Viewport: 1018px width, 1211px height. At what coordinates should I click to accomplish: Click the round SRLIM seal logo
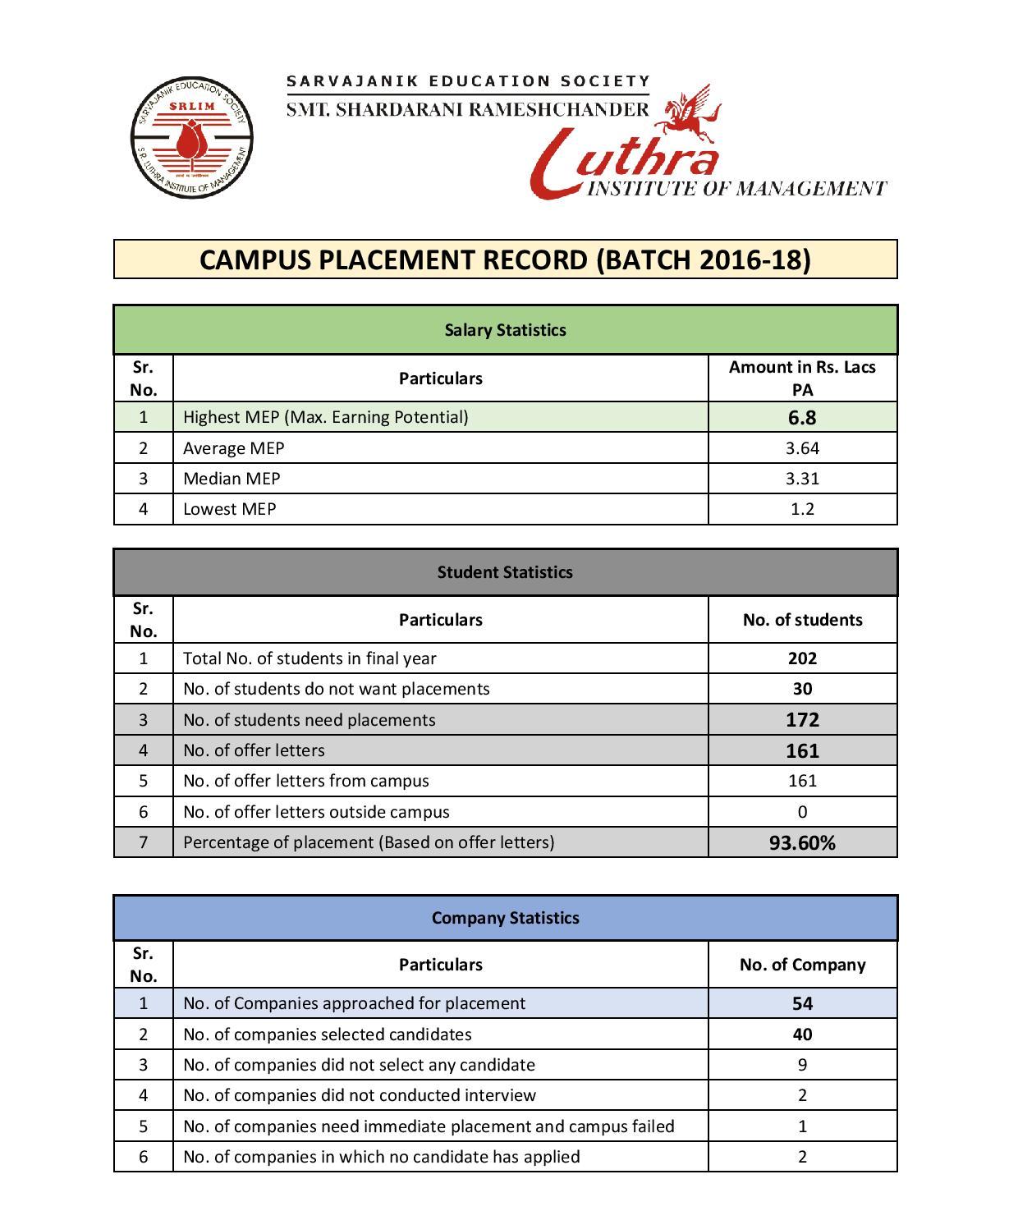pos(191,137)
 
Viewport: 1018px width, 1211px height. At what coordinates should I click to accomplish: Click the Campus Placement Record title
pos(505,259)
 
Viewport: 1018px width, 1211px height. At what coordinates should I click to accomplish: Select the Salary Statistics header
pos(505,330)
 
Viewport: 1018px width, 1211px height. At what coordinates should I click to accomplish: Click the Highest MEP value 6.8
pos(802,417)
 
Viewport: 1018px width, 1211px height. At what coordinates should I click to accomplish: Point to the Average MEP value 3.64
pos(802,448)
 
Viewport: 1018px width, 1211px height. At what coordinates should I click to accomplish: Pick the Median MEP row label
pos(232,479)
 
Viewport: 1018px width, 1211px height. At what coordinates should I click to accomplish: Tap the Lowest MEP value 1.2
pos(802,509)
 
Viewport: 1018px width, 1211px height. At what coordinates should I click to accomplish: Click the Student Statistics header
pos(505,572)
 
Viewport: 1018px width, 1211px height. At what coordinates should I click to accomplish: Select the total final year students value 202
pos(802,658)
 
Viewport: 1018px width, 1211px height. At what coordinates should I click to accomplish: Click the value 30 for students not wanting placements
pos(802,689)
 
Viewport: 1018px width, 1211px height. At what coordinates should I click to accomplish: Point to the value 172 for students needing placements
pos(802,720)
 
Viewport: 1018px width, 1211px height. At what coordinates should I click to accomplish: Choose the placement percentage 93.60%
pos(802,842)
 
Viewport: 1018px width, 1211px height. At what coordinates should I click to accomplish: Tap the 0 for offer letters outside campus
pos(802,812)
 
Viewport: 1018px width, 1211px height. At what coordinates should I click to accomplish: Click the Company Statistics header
pos(505,918)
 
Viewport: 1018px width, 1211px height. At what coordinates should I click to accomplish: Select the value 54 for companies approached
pos(802,1003)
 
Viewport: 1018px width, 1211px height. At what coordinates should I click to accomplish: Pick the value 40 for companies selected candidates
pos(802,1034)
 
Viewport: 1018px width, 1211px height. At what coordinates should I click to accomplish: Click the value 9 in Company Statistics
pos(802,1065)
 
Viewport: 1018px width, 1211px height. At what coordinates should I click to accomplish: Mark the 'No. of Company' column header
pos(802,965)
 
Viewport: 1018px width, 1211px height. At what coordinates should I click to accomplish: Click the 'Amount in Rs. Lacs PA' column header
pos(802,378)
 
